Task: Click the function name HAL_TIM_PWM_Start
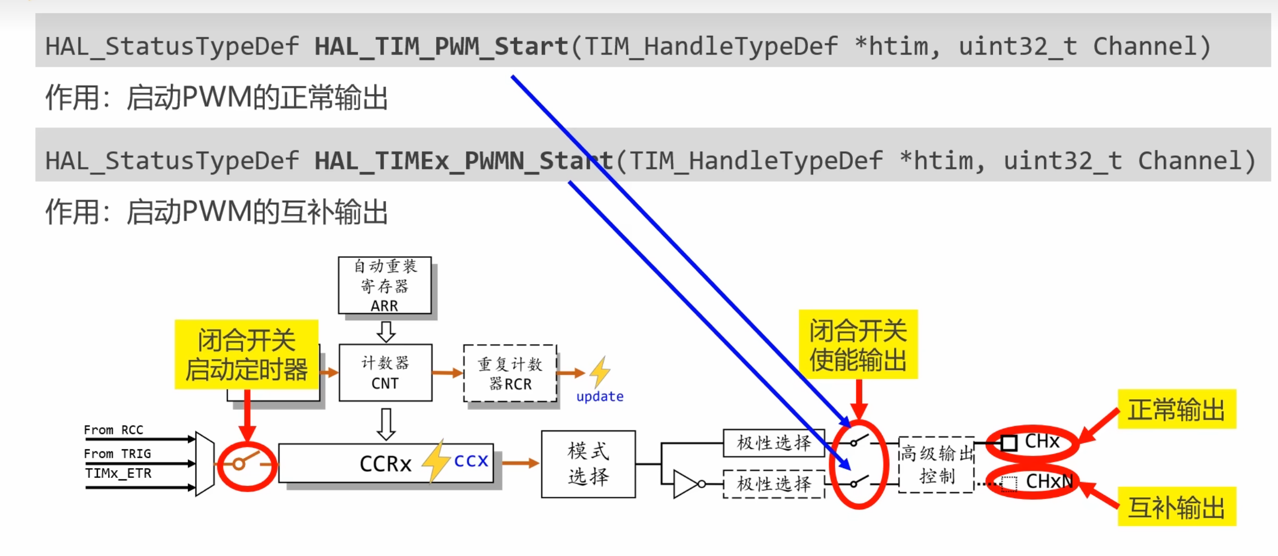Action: pyautogui.click(x=441, y=47)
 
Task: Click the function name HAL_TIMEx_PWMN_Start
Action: pyautogui.click(x=463, y=161)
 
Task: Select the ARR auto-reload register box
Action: pyautogui.click(x=385, y=285)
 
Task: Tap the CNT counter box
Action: pyautogui.click(x=385, y=373)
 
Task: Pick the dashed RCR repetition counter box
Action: pyautogui.click(x=510, y=373)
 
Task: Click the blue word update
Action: pyautogui.click(x=599, y=397)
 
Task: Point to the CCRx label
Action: pyautogui.click(x=385, y=464)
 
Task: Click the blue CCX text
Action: pyautogui.click(x=471, y=462)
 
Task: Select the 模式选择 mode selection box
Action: pyautogui.click(x=588, y=464)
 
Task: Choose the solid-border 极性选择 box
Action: pyautogui.click(x=773, y=443)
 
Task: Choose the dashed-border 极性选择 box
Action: pyautogui.click(x=773, y=484)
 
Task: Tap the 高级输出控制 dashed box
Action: pyautogui.click(x=936, y=465)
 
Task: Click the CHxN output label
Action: pyautogui.click(x=1049, y=481)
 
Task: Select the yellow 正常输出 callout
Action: pyautogui.click(x=1176, y=409)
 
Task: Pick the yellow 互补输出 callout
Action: pyautogui.click(x=1176, y=507)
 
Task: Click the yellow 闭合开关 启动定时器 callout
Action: pyautogui.click(x=246, y=355)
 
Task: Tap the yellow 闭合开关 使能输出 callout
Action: pyautogui.click(x=858, y=345)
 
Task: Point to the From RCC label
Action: pyautogui.click(x=113, y=430)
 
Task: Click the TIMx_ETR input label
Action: pyautogui.click(x=118, y=473)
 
